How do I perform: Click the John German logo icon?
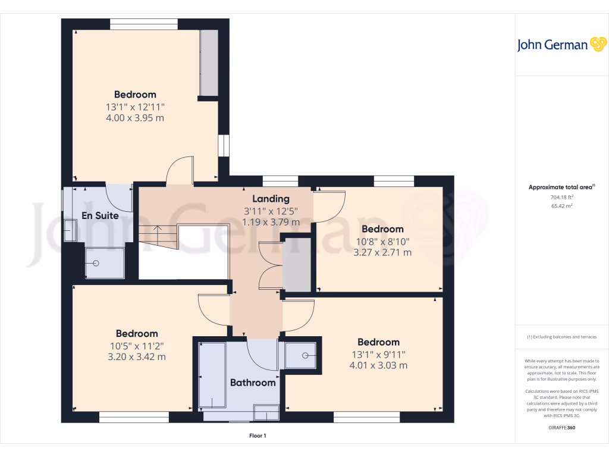pyautogui.click(x=597, y=45)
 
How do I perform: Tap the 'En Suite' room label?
pyautogui.click(x=99, y=215)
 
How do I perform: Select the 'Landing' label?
pyautogui.click(x=271, y=199)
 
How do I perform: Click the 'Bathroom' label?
pyautogui.click(x=253, y=383)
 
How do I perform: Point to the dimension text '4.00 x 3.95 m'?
pyautogui.click(x=135, y=118)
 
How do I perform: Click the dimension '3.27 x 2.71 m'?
pyautogui.click(x=382, y=252)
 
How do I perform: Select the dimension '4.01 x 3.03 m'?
pyautogui.click(x=378, y=365)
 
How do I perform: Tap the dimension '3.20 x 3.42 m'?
pyautogui.click(x=137, y=357)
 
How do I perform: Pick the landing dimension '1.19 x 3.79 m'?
pyautogui.click(x=271, y=222)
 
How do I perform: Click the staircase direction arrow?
pyautogui.click(x=158, y=228)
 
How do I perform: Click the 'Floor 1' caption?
pyautogui.click(x=258, y=436)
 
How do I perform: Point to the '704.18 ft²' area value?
pyautogui.click(x=561, y=197)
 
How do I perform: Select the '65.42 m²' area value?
pyautogui.click(x=561, y=206)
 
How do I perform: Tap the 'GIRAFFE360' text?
pyautogui.click(x=561, y=428)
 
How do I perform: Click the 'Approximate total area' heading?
pyautogui.click(x=561, y=187)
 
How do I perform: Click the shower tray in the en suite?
pyautogui.click(x=105, y=262)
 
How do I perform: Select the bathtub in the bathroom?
pyautogui.click(x=212, y=375)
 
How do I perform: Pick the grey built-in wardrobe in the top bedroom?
pyautogui.click(x=209, y=62)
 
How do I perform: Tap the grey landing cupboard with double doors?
pyautogui.click(x=297, y=265)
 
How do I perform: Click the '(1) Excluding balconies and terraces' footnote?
pyautogui.click(x=561, y=337)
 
